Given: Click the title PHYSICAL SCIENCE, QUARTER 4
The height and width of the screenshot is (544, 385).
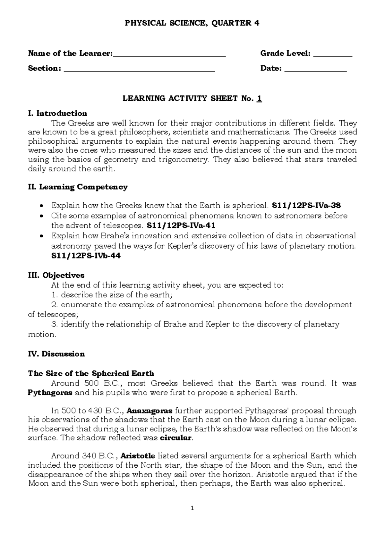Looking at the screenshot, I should tap(192, 23).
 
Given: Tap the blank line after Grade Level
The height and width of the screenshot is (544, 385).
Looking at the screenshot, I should tap(332, 55).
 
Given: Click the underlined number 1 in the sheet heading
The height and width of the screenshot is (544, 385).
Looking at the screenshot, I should tap(259, 98).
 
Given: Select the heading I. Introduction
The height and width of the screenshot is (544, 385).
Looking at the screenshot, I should tap(57, 113).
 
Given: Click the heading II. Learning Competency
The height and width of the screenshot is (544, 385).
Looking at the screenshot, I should tap(78, 187).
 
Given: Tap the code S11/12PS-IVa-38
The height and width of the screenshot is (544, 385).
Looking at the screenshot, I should tap(306, 205).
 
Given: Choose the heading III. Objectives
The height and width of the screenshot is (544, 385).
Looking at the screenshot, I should tap(56, 275).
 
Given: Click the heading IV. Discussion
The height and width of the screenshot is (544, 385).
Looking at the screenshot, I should tap(56, 354).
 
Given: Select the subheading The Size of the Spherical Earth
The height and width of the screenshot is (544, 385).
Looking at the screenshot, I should tap(91, 374).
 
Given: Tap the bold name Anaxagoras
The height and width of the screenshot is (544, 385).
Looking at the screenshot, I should tap(150, 411).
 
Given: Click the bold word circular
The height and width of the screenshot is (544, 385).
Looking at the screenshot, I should tap(175, 438).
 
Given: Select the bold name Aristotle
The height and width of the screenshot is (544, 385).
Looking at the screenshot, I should tap(138, 456).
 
